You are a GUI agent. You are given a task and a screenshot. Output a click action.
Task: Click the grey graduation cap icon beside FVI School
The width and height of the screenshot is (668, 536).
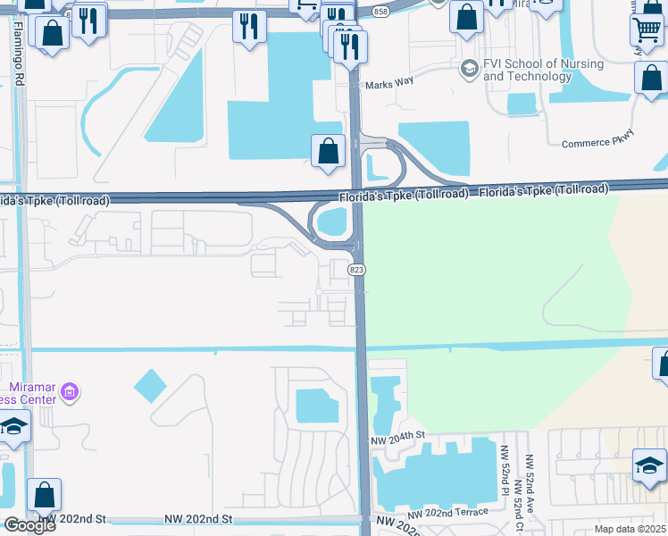[469, 69]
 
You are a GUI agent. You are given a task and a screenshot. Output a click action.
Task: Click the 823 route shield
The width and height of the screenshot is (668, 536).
[357, 270]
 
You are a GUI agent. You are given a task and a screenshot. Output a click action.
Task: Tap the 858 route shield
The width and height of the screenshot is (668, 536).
[381, 11]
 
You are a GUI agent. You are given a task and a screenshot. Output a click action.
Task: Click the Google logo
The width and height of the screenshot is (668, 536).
[29, 525]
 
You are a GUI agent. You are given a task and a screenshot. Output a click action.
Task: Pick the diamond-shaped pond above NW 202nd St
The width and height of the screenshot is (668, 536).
[150, 386]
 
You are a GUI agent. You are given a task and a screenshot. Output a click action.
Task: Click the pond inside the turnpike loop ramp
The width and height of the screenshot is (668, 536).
[332, 221]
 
